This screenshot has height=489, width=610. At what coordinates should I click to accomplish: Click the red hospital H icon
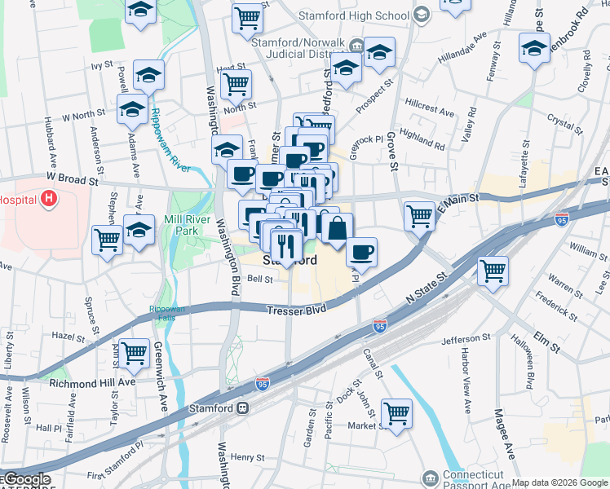coord(49,198)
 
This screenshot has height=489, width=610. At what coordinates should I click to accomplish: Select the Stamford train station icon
coord(242,407)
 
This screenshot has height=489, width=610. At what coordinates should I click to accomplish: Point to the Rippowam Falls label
coord(166,313)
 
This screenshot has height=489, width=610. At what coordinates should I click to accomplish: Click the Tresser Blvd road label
coord(297,310)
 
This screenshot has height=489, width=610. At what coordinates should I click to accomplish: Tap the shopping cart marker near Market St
coord(396,412)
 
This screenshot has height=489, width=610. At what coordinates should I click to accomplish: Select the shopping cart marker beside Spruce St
coord(107,240)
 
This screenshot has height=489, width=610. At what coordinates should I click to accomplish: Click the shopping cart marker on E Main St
coord(419,216)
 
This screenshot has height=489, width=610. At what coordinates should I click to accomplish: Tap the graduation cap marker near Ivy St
coord(148,75)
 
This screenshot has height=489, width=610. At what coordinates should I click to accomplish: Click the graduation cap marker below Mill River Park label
coord(139,231)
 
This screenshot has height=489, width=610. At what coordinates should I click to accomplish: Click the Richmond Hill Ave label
coord(92,381)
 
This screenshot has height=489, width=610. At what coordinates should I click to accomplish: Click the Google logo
coord(26,479)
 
